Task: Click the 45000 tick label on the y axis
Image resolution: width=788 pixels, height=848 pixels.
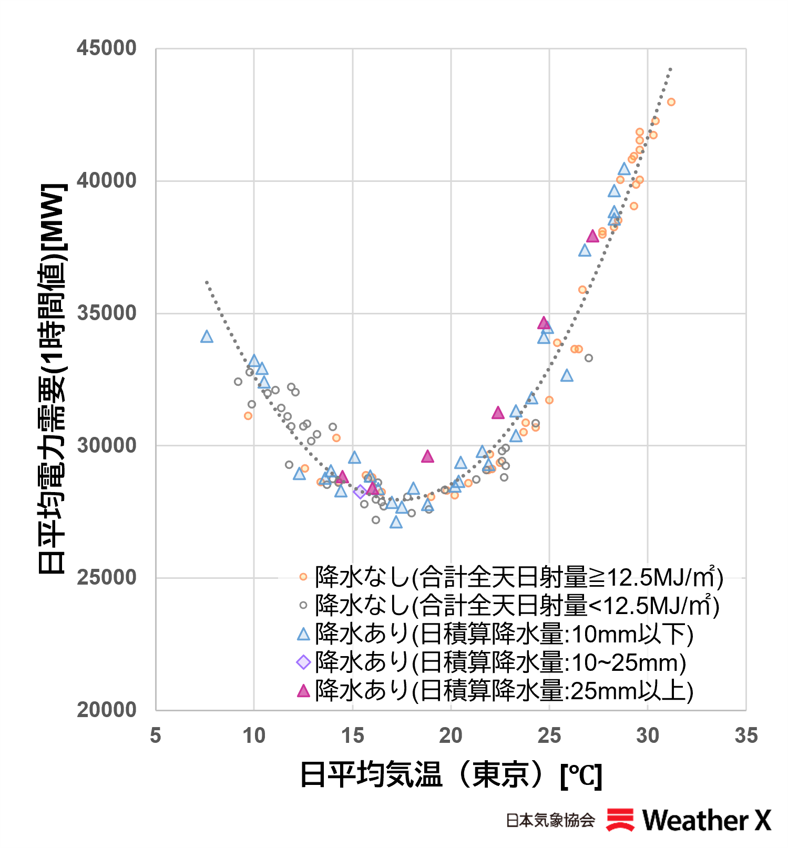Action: pyautogui.click(x=107, y=48)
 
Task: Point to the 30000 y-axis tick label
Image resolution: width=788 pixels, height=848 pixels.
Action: pyautogui.click(x=107, y=445)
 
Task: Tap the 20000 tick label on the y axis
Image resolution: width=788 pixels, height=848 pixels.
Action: pyautogui.click(x=107, y=710)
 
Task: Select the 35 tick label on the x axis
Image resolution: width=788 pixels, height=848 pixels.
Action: pyautogui.click(x=746, y=735)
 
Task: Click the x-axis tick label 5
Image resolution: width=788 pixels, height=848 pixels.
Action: pyautogui.click(x=156, y=735)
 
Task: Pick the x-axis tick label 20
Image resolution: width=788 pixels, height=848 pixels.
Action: pyautogui.click(x=451, y=735)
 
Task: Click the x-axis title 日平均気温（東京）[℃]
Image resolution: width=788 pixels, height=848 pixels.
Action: pyautogui.click(x=451, y=774)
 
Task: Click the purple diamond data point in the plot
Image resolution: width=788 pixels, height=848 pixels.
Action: pyautogui.click(x=360, y=492)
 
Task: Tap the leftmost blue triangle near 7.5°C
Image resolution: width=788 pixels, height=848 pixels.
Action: pyautogui.click(x=207, y=336)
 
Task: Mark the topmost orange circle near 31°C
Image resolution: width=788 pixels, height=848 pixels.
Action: pyautogui.click(x=671, y=102)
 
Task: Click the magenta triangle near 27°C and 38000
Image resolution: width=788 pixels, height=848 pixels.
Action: pyautogui.click(x=592, y=236)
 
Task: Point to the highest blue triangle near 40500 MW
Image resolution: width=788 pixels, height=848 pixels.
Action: pyautogui.click(x=624, y=169)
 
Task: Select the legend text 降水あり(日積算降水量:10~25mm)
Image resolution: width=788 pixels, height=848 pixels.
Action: pyautogui.click(x=500, y=662)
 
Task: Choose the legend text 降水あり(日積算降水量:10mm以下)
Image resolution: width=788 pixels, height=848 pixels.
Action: pyautogui.click(x=504, y=634)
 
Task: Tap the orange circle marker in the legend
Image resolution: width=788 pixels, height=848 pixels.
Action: pyautogui.click(x=303, y=577)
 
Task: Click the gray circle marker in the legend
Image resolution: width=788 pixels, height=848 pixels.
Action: pyautogui.click(x=303, y=605)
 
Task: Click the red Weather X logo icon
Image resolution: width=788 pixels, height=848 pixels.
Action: pyautogui.click(x=620, y=820)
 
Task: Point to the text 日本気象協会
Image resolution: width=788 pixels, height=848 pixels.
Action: pyautogui.click(x=550, y=820)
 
